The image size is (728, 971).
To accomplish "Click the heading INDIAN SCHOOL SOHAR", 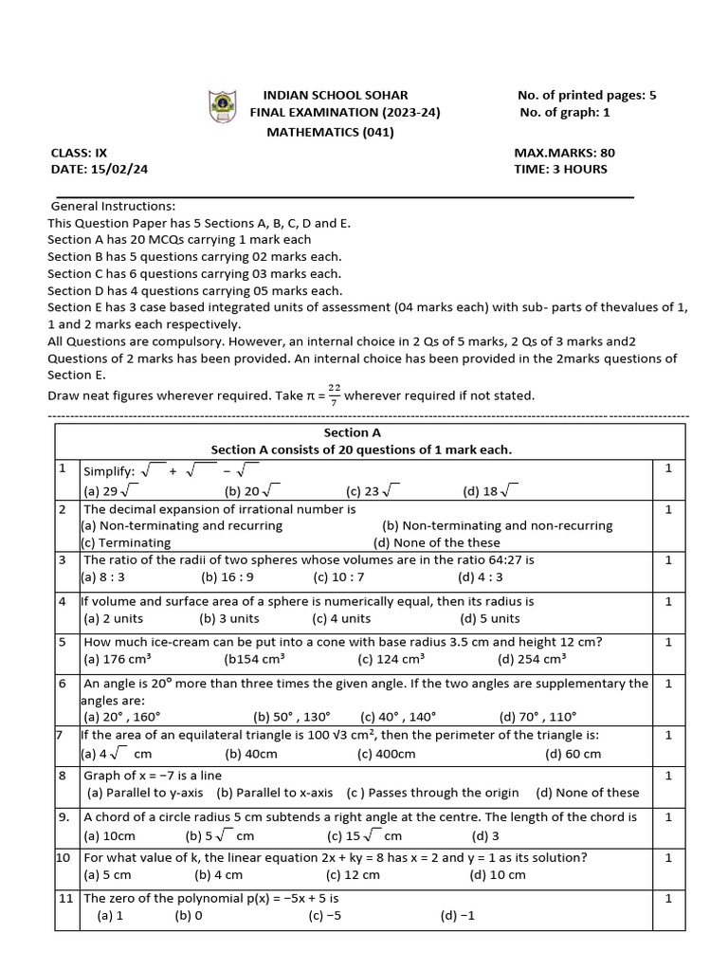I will pos(336,95).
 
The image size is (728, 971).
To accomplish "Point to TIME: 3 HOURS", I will pos(560,169).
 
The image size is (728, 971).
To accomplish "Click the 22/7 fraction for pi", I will pos(333,394).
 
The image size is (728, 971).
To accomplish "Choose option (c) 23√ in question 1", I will pos(374,490).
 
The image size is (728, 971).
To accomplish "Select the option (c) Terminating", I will pos(126,542).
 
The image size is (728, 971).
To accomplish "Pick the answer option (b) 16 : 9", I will pos(227,577).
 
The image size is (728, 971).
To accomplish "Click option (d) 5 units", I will pos(490,618).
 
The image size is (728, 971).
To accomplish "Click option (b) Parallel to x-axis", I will pos(275,793).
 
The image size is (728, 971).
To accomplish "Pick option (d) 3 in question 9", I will pos(486,835).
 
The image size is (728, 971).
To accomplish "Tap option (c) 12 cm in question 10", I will pos(353,874).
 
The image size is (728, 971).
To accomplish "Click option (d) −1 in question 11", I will pos(457,916).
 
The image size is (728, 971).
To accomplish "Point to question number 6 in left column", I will pos(62,683).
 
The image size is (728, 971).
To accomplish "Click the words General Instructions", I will pos(113,206).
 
